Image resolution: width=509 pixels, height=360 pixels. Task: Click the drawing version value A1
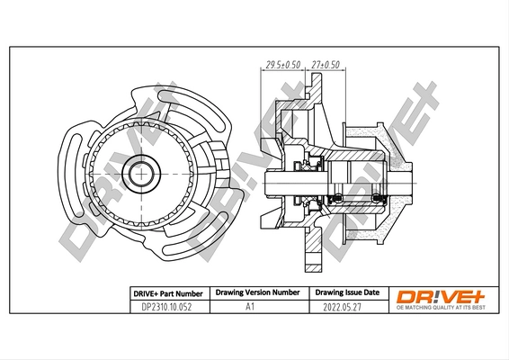click(x=256, y=307)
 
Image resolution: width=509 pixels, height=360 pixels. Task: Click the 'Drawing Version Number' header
click(x=256, y=293)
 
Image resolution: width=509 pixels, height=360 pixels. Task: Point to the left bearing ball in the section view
click(x=339, y=197)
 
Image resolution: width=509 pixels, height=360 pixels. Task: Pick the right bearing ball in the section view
click(x=379, y=197)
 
